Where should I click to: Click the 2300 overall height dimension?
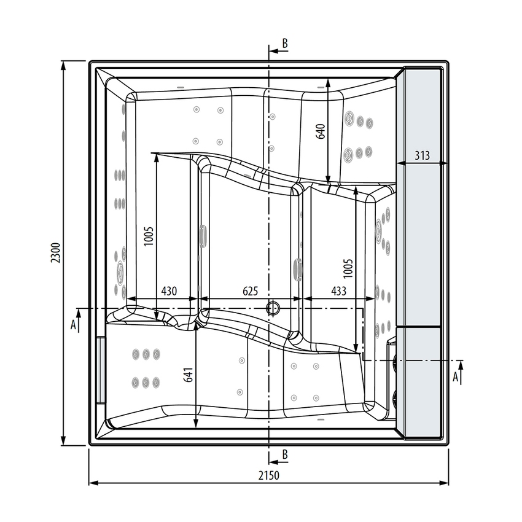point(55,253)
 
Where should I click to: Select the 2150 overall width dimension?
point(268,475)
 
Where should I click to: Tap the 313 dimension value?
point(422,156)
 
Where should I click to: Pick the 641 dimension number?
point(188,376)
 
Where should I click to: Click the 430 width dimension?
point(169,291)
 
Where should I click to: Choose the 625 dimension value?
point(250,291)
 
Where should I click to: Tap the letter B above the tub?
point(285,43)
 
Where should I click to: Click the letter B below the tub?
point(285,454)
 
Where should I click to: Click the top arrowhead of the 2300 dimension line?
point(64,64)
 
